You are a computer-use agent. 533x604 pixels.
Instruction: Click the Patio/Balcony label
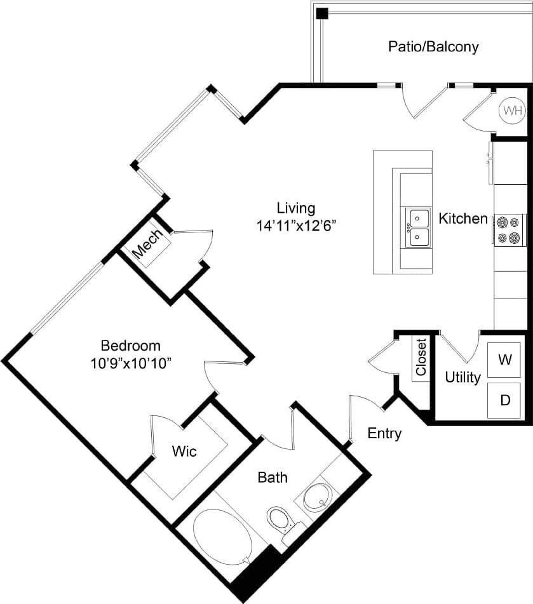[x=433, y=47]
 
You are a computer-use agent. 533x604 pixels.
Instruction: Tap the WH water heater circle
[x=512, y=111]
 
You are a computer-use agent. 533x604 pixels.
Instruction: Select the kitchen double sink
[x=418, y=228]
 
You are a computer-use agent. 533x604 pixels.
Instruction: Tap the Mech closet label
[x=147, y=245]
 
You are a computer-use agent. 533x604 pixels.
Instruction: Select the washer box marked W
[x=505, y=360]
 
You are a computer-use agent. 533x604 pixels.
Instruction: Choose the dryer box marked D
[x=505, y=400]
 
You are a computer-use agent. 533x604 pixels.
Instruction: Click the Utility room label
[x=462, y=377]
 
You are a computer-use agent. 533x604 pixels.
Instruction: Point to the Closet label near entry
[x=421, y=358]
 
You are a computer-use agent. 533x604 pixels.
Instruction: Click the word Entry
[x=384, y=434]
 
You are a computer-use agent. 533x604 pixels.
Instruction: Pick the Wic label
[x=184, y=452]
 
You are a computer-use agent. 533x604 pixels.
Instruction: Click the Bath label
[x=272, y=477]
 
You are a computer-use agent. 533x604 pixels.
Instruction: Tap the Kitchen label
[x=463, y=218]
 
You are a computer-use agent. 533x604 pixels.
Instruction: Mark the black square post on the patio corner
[x=322, y=13]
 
